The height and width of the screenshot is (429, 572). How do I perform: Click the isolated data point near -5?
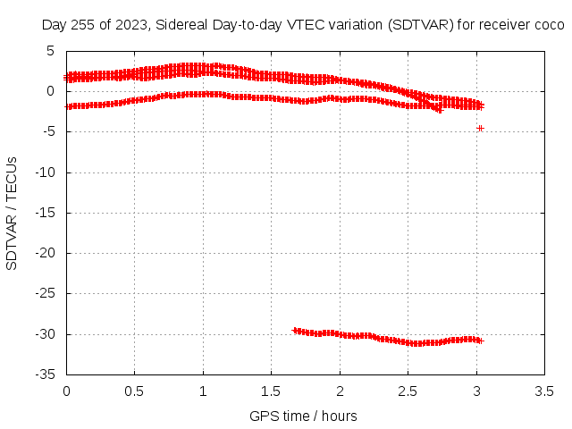point(481,129)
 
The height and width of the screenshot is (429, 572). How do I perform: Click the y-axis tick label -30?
point(46,334)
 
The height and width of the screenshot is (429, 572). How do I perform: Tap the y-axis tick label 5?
point(50,51)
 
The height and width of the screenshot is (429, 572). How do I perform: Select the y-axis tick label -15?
point(46,213)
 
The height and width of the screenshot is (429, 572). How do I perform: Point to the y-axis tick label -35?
point(46,374)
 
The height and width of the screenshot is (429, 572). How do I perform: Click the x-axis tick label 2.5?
point(408,391)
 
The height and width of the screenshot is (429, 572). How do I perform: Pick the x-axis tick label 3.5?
point(544,391)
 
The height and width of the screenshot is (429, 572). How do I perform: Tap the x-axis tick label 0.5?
point(134,391)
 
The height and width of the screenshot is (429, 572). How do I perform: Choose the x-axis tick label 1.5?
point(271,391)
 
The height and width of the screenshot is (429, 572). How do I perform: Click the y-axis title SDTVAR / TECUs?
point(12,214)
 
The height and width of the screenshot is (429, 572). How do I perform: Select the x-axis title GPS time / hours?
point(303,416)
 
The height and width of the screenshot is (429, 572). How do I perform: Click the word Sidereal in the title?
point(181,25)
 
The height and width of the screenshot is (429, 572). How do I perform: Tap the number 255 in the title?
point(83,25)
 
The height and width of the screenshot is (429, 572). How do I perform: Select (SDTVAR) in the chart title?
point(420,25)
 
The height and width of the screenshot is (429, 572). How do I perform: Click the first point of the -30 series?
point(295,331)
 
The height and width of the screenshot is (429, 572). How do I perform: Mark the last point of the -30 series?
point(481,341)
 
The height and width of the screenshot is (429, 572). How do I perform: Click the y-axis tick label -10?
point(46,172)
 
